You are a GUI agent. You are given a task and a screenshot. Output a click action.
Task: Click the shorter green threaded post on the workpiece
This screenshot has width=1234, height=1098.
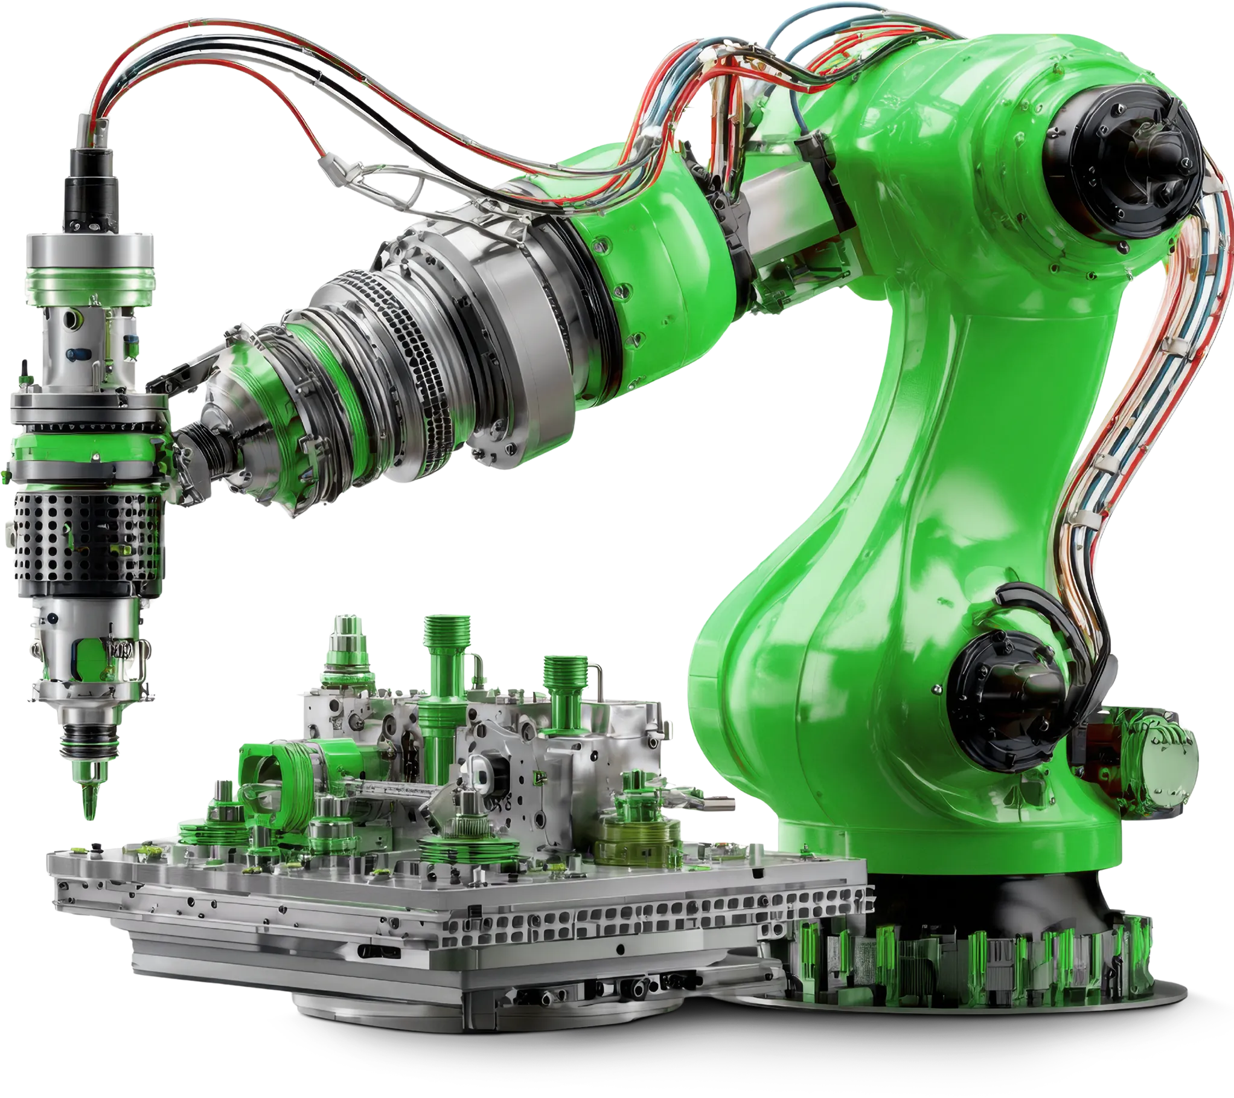point(564,682)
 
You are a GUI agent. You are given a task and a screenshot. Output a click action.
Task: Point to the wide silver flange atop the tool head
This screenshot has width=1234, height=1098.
point(91,254)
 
